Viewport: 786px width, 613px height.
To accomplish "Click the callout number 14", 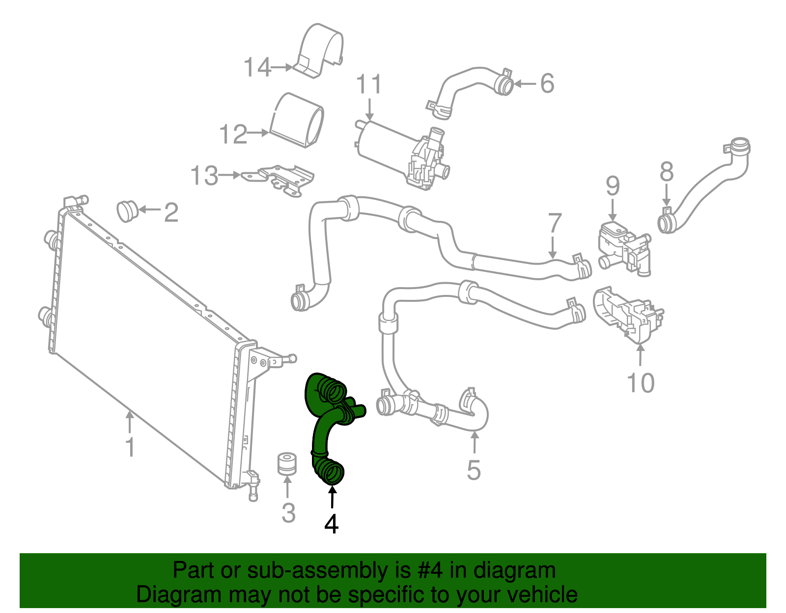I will (x=257, y=67).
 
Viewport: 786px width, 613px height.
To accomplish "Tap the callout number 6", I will (x=547, y=83).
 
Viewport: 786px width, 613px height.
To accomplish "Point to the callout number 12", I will (x=233, y=134).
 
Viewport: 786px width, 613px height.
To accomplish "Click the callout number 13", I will (x=204, y=175).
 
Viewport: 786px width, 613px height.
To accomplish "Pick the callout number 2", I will (x=171, y=213).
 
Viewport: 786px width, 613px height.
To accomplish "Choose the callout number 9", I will (x=613, y=186).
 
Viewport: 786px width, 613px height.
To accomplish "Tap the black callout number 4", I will (x=332, y=524).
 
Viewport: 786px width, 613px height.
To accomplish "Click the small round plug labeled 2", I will (x=127, y=211).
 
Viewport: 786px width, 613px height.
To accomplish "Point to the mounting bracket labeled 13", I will (x=282, y=179).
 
